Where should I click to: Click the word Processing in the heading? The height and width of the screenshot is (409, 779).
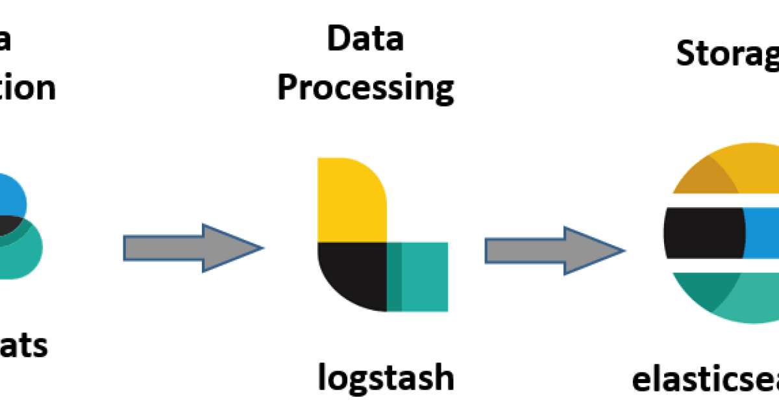(365, 88)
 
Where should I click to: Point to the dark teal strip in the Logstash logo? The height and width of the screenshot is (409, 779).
(394, 276)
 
